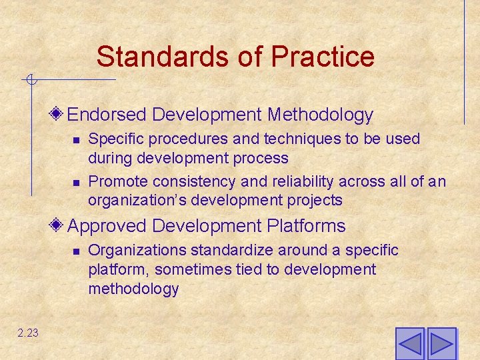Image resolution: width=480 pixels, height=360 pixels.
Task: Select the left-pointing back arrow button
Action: [x=410, y=344]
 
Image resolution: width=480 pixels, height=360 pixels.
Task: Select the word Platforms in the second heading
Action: [x=306, y=226]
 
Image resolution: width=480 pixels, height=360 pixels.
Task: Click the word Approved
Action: [x=108, y=226]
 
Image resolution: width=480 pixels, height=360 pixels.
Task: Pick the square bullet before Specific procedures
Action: [x=76, y=140]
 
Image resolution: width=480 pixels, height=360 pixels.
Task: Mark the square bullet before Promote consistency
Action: [x=76, y=182]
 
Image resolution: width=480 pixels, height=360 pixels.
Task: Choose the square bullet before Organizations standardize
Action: [x=76, y=251]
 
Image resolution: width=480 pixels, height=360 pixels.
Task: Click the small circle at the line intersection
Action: [x=30, y=81]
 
